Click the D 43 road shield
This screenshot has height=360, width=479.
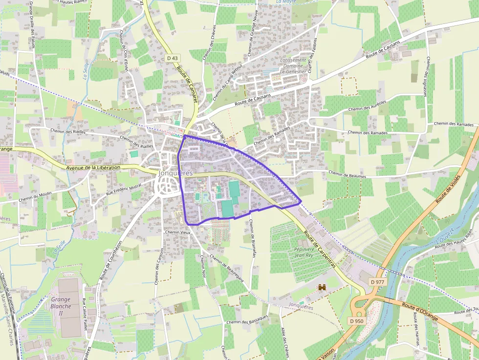pyautogui.click(x=172, y=58)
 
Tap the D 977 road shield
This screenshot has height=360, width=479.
pyautogui.click(x=377, y=282)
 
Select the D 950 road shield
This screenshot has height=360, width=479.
pyautogui.click(x=357, y=321)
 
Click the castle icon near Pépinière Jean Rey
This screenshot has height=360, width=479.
pyautogui.click(x=322, y=288)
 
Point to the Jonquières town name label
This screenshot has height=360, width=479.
pyautogui.click(x=175, y=173)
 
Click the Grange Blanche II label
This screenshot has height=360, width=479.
pyautogui.click(x=61, y=306)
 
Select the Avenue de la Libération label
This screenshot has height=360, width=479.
pyautogui.click(x=93, y=168)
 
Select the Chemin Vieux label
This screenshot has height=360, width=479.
pyautogui.click(x=177, y=232)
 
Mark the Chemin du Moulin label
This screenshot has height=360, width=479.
pyautogui.click(x=35, y=196)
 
